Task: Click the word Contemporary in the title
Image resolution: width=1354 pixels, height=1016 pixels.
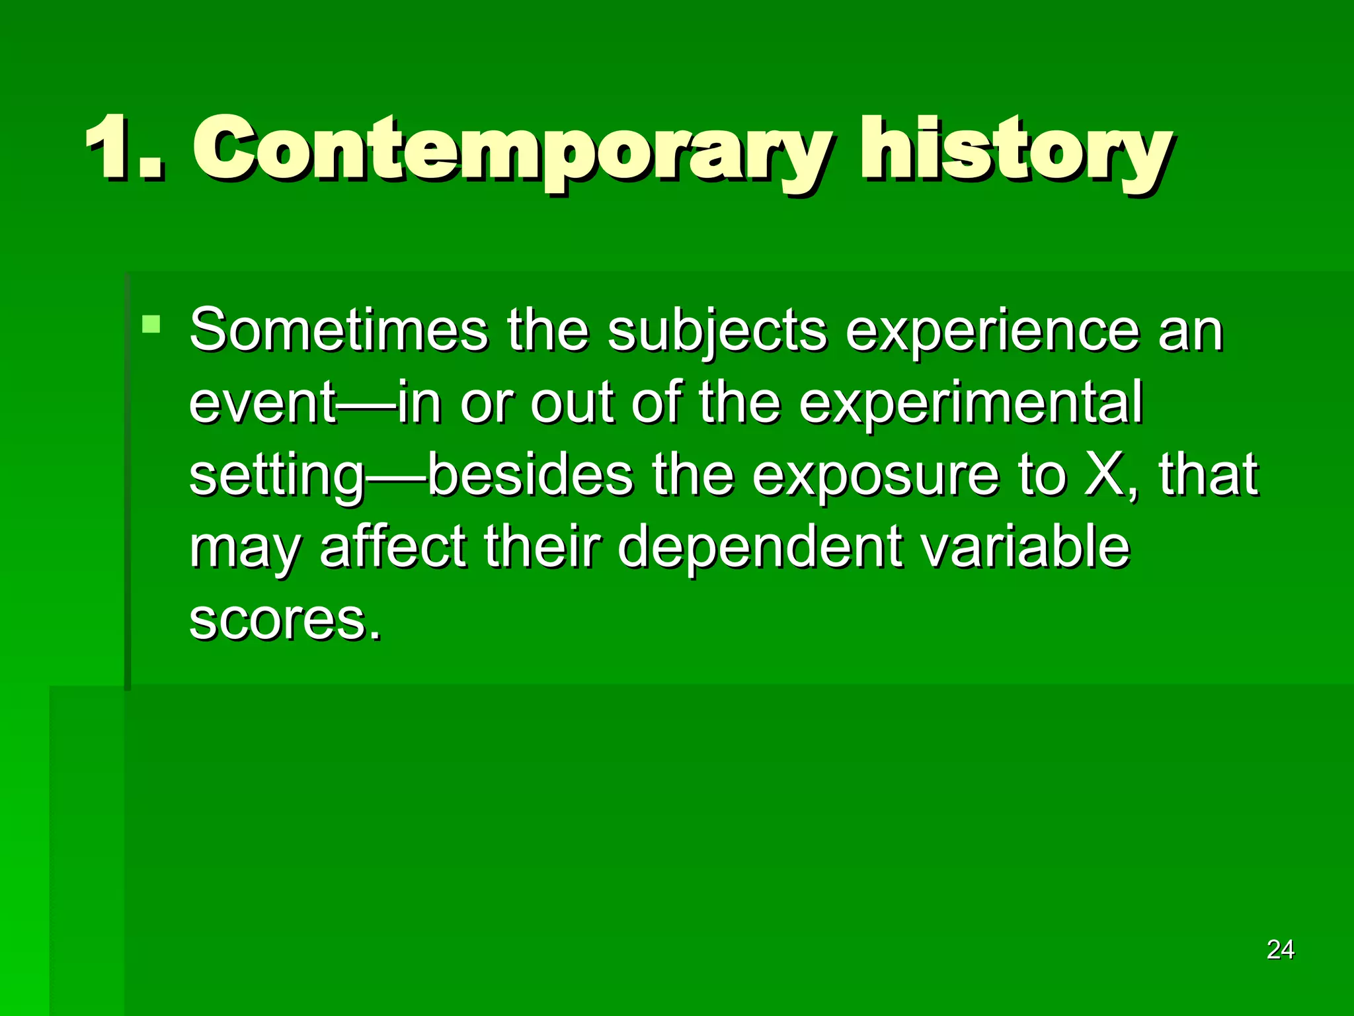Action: click(509, 151)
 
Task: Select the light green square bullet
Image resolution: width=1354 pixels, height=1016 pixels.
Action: click(151, 324)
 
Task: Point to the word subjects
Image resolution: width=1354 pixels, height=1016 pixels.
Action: click(717, 332)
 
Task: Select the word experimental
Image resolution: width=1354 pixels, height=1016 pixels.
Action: click(971, 403)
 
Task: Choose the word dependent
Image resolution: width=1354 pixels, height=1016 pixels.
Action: click(759, 549)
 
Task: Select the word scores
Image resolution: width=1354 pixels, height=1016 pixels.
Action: click(278, 620)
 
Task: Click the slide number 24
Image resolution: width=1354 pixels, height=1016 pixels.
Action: click(1280, 950)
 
